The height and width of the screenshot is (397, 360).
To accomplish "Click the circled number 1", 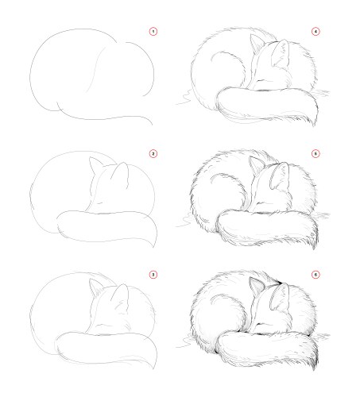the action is (153, 32).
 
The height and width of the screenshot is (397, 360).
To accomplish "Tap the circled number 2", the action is (153, 153).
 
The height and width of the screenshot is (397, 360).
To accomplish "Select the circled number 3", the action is (153, 275).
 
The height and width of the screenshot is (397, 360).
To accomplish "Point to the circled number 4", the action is (315, 32).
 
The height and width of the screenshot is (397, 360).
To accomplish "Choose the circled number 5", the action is (315, 153).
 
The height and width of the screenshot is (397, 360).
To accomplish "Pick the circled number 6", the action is (315, 275).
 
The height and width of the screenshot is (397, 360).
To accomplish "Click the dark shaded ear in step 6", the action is (257, 286).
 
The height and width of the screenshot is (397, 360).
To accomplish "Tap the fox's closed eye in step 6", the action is (261, 323).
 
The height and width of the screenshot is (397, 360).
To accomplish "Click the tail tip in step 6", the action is (315, 369).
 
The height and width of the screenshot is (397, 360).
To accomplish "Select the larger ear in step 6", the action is (280, 296).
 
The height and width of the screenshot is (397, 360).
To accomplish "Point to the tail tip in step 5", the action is (315, 248).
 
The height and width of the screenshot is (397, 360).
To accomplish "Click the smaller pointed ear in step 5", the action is (257, 165).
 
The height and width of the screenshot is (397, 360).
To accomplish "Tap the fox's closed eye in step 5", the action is (261, 202).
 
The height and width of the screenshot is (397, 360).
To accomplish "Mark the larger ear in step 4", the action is (281, 53).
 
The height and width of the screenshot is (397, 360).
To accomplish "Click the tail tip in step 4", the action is (315, 125).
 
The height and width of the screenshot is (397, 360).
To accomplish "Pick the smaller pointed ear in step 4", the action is (257, 43).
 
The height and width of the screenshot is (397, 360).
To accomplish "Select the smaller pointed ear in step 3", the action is (96, 287).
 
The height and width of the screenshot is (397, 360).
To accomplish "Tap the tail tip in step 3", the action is (153, 368).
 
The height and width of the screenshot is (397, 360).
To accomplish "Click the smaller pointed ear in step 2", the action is (96, 166).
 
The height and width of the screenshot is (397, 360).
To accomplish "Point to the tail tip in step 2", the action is (153, 246).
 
